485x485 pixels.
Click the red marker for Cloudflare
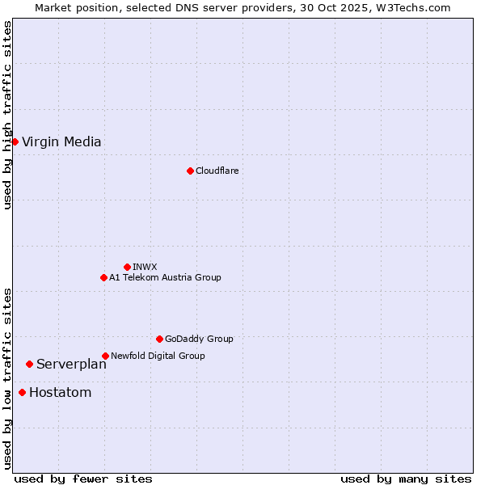pos(190,171)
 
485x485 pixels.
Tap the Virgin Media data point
pos(15,141)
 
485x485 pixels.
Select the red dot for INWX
pos(127,267)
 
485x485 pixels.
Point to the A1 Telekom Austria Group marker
pos(103,277)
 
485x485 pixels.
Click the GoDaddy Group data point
pos(159,339)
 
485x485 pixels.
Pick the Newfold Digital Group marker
pos(105,356)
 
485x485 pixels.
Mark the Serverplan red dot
pos(29,364)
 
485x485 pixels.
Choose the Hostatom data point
pos(22,393)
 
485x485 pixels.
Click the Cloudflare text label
pos(217,171)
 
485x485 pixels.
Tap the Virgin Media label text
pos(61,142)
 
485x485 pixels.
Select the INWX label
pos(145,267)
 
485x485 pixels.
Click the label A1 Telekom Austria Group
pos(165,277)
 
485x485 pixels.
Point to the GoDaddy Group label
pos(199,339)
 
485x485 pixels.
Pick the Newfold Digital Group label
pos(158,356)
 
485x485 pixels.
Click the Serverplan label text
pos(71,365)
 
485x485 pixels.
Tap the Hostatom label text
pos(60,393)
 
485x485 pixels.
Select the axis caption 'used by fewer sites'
pos(83,479)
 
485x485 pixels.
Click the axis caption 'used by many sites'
pos(406,479)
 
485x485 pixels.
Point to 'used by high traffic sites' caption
pos(7,115)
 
